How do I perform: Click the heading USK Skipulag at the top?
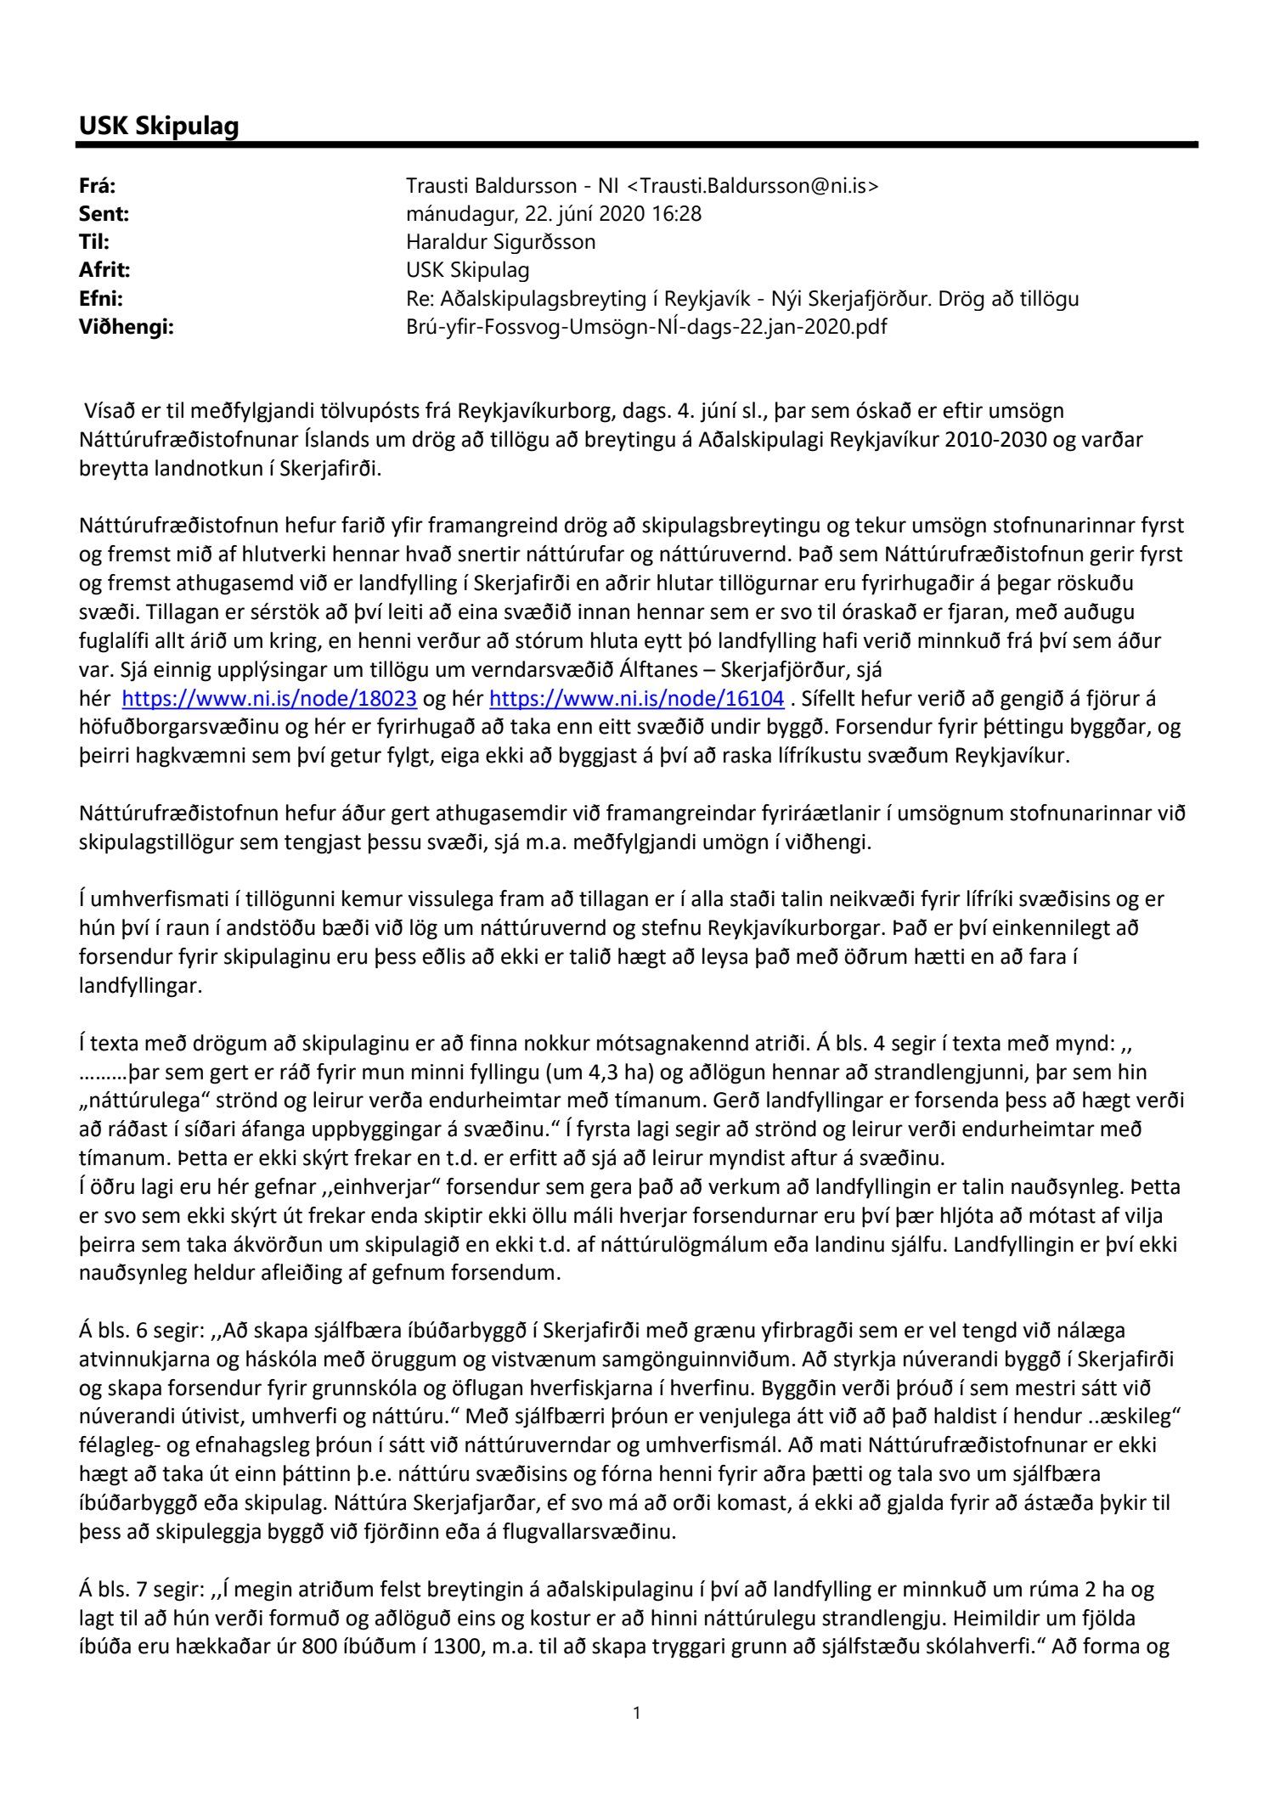tap(159, 126)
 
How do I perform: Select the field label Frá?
tap(97, 186)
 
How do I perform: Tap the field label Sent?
tap(104, 214)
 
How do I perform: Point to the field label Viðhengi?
tap(126, 326)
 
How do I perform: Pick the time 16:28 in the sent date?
tap(677, 214)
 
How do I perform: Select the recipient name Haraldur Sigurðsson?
tap(501, 242)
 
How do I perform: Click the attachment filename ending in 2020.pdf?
tap(646, 326)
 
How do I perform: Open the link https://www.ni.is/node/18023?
tap(269, 699)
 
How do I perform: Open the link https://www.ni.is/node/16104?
tap(637, 699)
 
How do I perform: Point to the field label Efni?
tap(101, 298)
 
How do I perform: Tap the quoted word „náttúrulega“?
tap(137, 1101)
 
